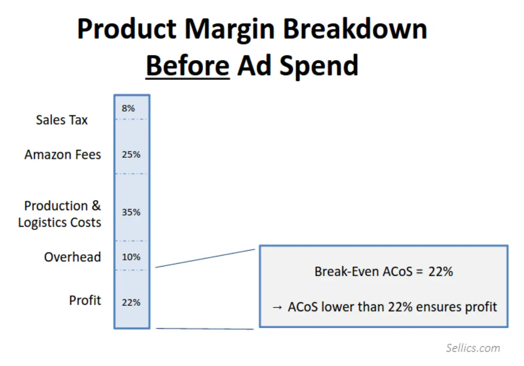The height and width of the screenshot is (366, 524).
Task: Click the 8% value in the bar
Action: click(128, 108)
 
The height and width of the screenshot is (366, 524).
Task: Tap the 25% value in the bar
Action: click(131, 154)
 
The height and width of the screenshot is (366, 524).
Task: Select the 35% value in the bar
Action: click(131, 212)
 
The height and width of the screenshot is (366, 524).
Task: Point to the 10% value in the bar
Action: click(131, 257)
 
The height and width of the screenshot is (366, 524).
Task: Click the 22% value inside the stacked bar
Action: click(131, 302)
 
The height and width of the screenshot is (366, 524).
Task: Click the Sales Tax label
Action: click(62, 120)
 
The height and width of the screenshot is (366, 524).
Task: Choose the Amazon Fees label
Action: click(63, 155)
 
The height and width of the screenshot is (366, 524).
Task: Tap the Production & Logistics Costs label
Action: click(60, 214)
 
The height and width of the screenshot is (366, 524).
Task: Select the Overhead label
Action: click(72, 257)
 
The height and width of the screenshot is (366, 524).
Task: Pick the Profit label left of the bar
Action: click(85, 301)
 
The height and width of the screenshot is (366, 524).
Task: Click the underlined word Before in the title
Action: click(187, 65)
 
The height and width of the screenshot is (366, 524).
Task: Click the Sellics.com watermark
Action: click(473, 348)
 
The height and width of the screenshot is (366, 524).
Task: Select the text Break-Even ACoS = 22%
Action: click(383, 272)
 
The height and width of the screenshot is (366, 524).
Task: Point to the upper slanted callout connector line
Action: click(205, 258)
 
